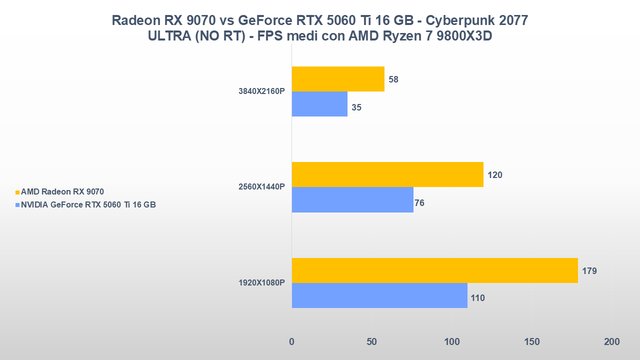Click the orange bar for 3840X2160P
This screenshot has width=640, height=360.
(x=338, y=79)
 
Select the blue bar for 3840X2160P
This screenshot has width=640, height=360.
(x=319, y=104)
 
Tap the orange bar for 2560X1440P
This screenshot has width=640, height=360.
(x=387, y=174)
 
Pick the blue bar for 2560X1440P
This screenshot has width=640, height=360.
(x=352, y=199)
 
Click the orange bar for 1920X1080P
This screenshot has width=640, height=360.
(x=434, y=270)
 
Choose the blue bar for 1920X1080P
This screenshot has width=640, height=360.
(x=379, y=295)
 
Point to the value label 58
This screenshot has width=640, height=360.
(x=393, y=79)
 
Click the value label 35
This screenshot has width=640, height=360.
(x=356, y=107)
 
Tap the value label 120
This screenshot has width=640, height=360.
(x=494, y=175)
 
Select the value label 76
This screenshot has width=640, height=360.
(x=419, y=203)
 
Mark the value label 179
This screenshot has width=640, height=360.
(x=589, y=271)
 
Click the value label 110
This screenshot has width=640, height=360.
(x=477, y=298)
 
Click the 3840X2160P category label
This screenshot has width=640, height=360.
(x=261, y=91)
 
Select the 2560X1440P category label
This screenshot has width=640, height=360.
(x=261, y=187)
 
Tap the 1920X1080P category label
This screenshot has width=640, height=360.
(x=261, y=283)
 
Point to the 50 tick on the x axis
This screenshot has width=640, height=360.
(x=371, y=342)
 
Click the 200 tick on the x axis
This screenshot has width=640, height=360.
(x=611, y=342)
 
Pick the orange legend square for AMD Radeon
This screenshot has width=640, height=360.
(x=17, y=192)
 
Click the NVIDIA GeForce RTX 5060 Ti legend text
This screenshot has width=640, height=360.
(x=88, y=204)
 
